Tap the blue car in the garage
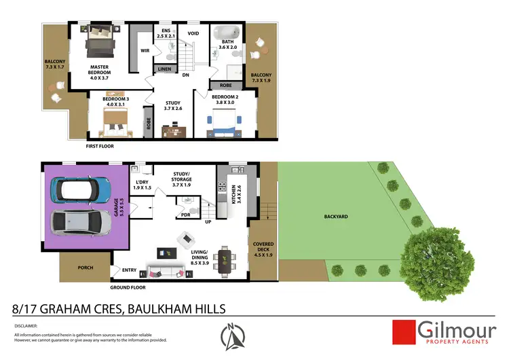click(83, 186)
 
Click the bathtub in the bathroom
click(225, 33)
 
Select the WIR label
click(145, 51)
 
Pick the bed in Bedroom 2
click(225, 123)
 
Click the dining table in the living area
click(224, 260)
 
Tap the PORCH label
click(85, 268)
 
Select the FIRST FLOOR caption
click(100, 146)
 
